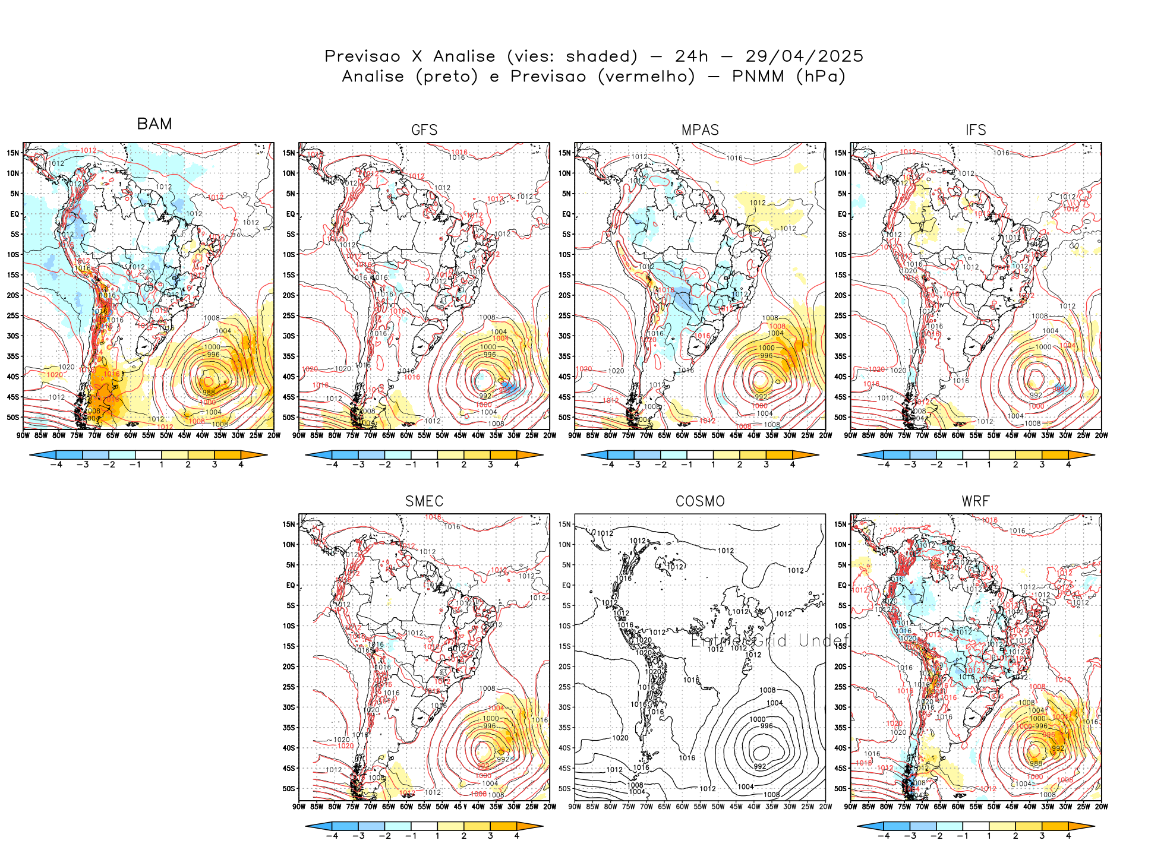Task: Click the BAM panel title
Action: click(x=154, y=124)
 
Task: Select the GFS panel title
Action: click(x=424, y=130)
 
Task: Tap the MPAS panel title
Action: click(x=700, y=130)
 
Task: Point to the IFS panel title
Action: click(x=976, y=130)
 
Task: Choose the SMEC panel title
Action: click(x=424, y=501)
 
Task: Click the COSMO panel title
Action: click(x=700, y=501)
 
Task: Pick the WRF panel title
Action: click(x=976, y=501)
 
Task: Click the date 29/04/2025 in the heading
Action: click(x=804, y=56)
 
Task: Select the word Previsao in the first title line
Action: click(x=362, y=56)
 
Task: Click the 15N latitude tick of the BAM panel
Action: click(x=13, y=153)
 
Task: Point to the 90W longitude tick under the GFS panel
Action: click(x=299, y=435)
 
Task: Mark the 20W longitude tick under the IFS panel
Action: click(x=1102, y=435)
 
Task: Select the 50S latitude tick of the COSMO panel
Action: click(x=564, y=788)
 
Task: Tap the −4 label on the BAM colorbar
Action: click(x=56, y=465)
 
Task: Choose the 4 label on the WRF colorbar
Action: click(x=1068, y=836)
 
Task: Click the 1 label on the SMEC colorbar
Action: click(x=437, y=836)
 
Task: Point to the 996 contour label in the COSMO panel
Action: click(x=767, y=726)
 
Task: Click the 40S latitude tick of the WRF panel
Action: click(x=840, y=748)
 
